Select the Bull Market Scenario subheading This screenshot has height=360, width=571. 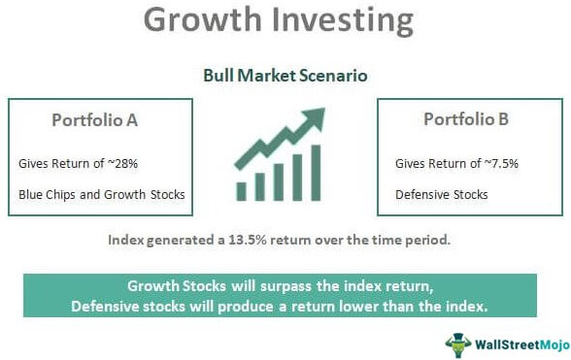(x=285, y=74)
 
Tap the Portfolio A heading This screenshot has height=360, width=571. (x=96, y=120)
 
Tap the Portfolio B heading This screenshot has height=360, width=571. (x=468, y=120)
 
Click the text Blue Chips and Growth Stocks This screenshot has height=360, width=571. (x=102, y=194)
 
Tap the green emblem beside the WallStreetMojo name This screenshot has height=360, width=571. (x=456, y=342)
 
